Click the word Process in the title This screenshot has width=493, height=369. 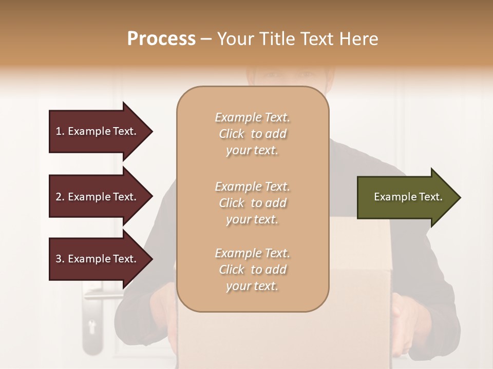pyautogui.click(x=161, y=39)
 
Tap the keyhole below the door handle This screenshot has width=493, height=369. pyautogui.click(x=92, y=326)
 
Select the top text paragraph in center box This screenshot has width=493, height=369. pyautogui.click(x=252, y=134)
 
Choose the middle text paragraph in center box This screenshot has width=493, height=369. pyautogui.click(x=252, y=203)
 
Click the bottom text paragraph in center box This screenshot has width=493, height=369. pyautogui.click(x=252, y=270)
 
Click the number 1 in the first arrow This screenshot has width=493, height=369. pyautogui.click(x=59, y=131)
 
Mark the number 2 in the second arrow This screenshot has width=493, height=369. pyautogui.click(x=59, y=197)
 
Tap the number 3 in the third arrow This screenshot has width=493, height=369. pyautogui.click(x=59, y=259)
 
